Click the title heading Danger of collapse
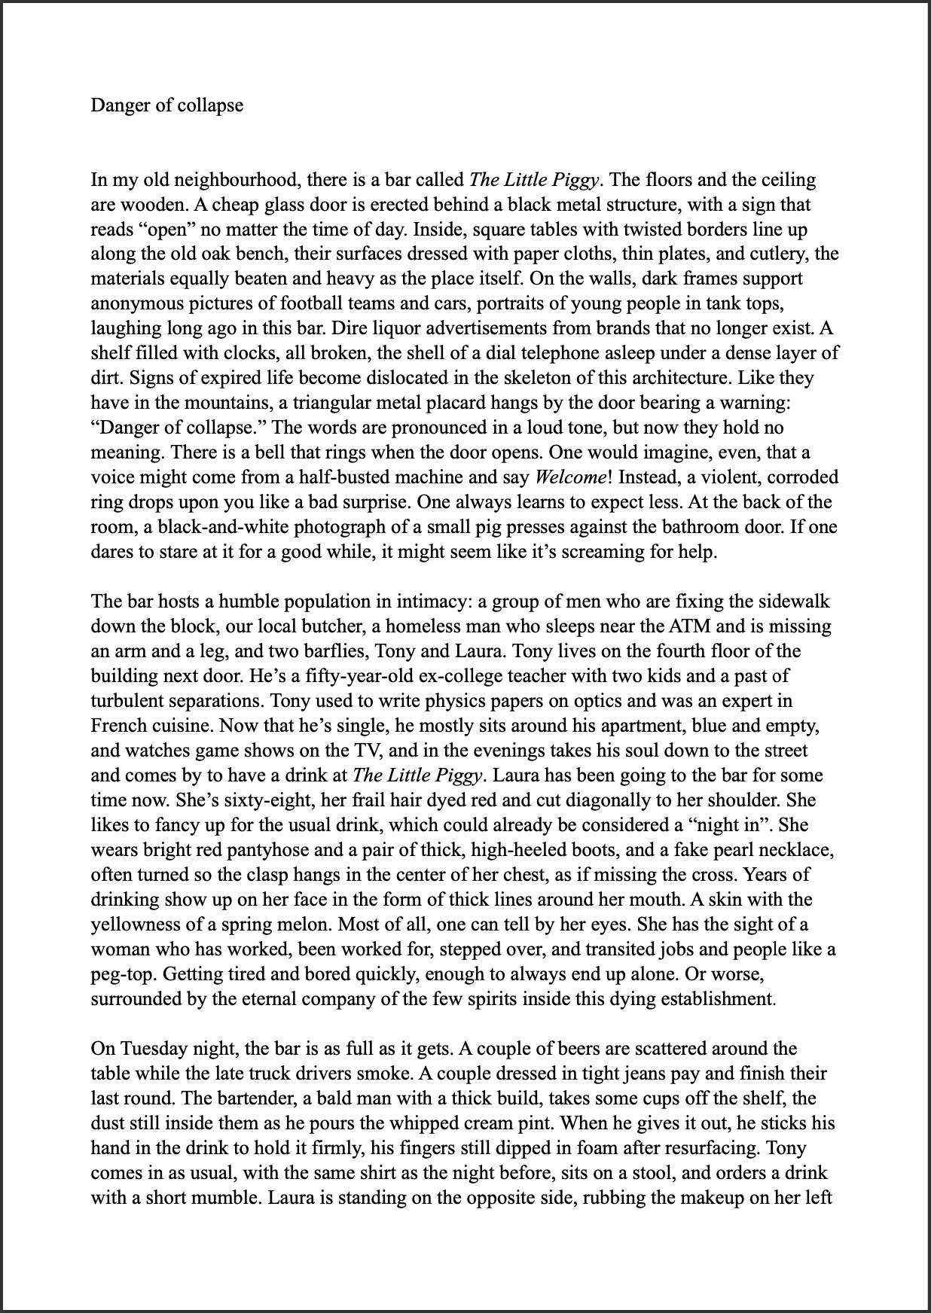pyautogui.click(x=166, y=105)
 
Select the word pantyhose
pyautogui.click(x=261, y=850)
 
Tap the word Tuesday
pyautogui.click(x=154, y=1049)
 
